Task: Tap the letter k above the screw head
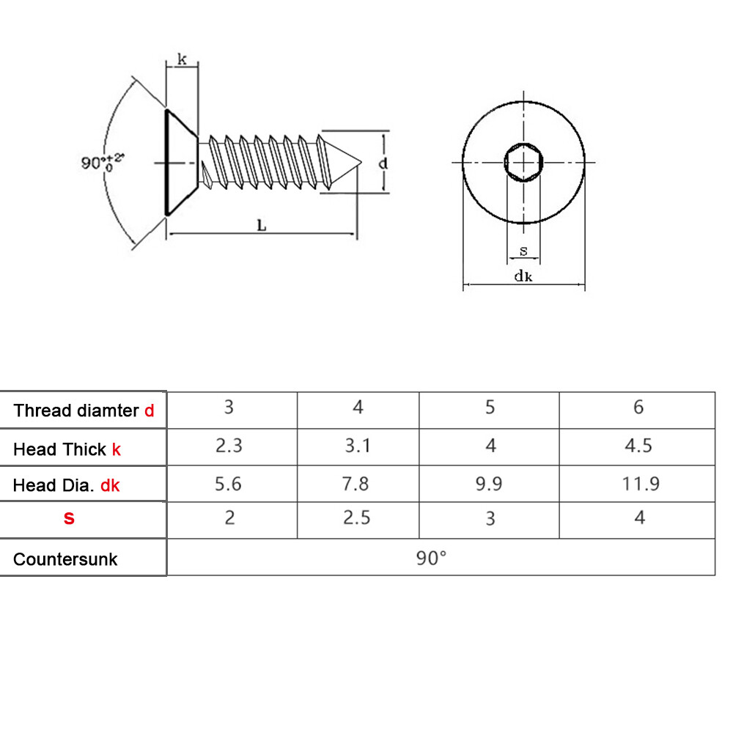point(182,59)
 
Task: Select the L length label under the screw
point(262,226)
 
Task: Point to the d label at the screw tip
point(383,163)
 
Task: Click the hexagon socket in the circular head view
point(523,161)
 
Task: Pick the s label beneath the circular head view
point(523,251)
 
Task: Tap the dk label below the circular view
point(523,276)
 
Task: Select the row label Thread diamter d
point(84,410)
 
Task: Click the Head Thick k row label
point(67,449)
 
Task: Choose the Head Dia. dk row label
point(67,485)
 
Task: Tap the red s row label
point(69,518)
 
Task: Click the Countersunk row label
point(65,559)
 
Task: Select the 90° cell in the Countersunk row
point(431,558)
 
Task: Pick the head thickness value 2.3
point(229,446)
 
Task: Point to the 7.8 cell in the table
point(357,484)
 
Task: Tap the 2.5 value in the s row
point(357,517)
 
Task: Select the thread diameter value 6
point(638,407)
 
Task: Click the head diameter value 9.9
point(490,484)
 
